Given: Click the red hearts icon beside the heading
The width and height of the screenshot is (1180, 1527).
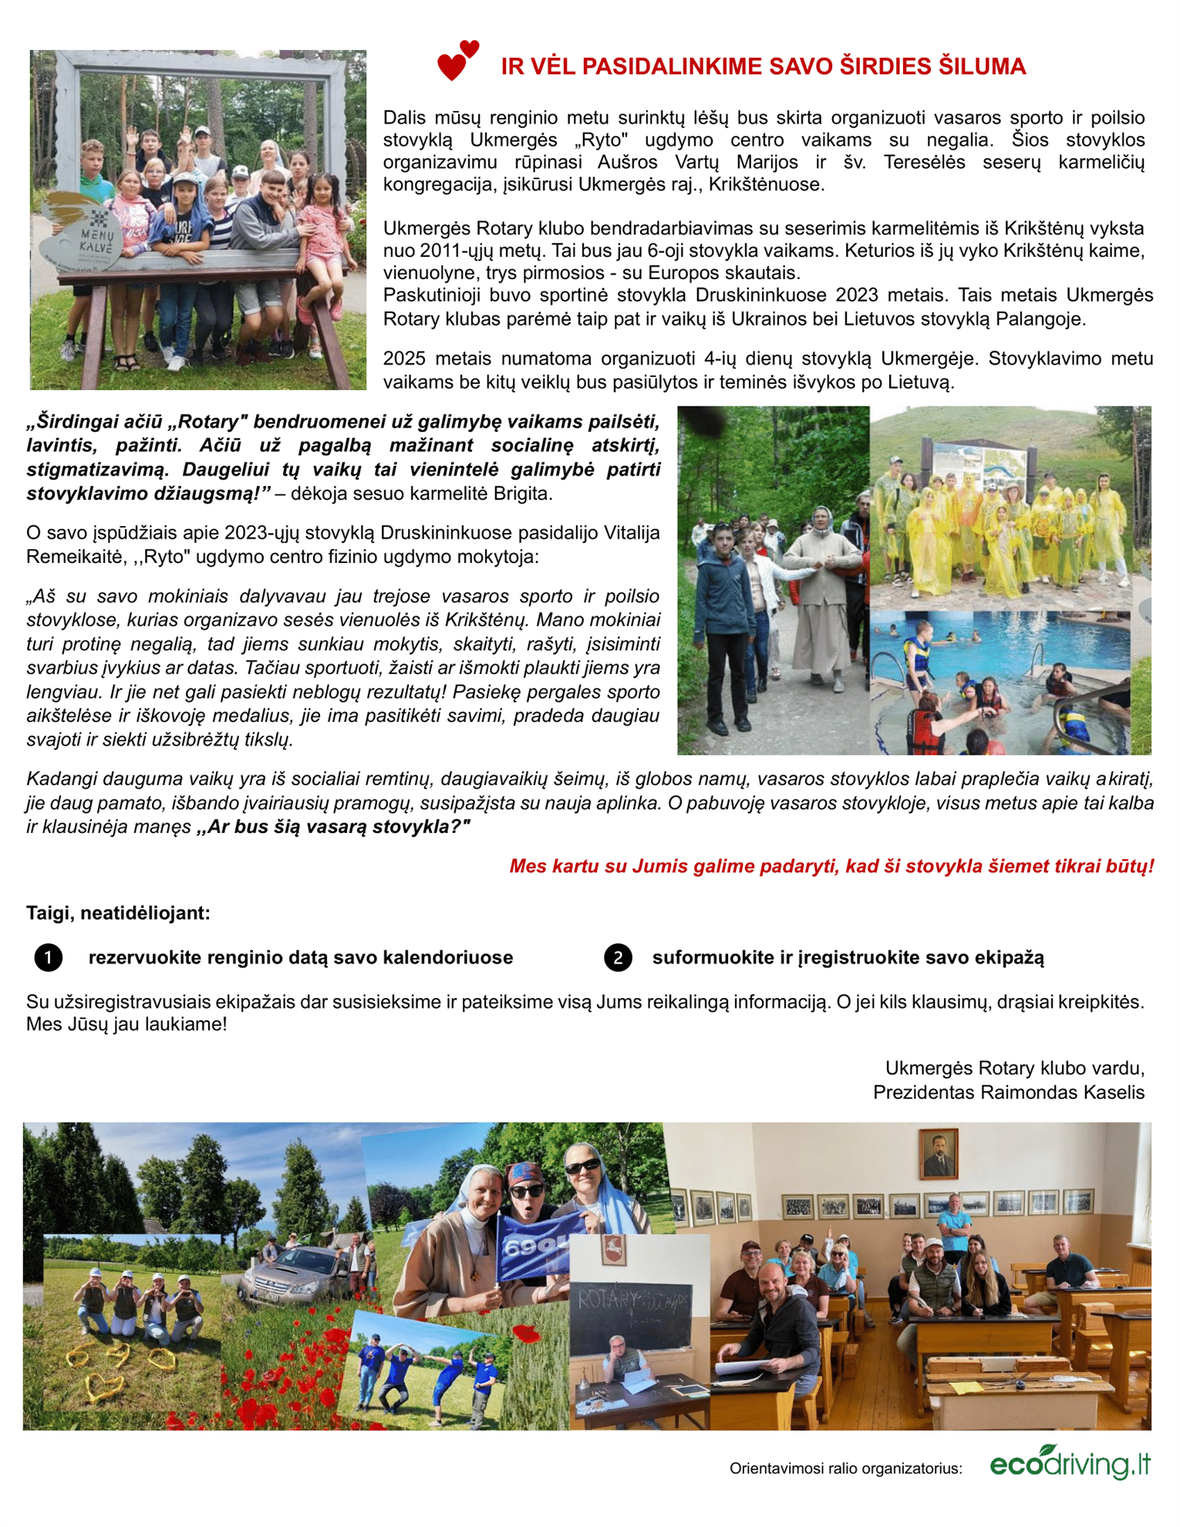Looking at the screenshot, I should pyautogui.click(x=457, y=60).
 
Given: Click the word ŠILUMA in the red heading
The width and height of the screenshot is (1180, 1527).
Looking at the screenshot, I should pyautogui.click(x=982, y=67).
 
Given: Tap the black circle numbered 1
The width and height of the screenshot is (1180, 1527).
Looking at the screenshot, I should pyautogui.click(x=48, y=958).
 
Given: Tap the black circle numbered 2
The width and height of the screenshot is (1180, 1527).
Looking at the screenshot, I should pyautogui.click(x=618, y=958).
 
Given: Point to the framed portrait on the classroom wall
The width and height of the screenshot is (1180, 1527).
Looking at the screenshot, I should pyautogui.click(x=939, y=1154).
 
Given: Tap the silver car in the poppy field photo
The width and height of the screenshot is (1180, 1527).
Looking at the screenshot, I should pyautogui.click(x=288, y=1274).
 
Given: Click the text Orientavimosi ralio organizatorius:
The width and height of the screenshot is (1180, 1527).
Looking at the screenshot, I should pyautogui.click(x=845, y=1468).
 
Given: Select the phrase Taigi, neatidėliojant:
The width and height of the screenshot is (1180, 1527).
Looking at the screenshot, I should pyautogui.click(x=118, y=913).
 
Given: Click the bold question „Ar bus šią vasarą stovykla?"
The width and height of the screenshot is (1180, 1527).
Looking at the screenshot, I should pyautogui.click(x=333, y=828).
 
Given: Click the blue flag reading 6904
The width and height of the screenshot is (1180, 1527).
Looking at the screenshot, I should pyautogui.click(x=531, y=1245).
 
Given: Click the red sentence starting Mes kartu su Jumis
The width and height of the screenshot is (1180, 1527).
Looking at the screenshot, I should pyautogui.click(x=831, y=866).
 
